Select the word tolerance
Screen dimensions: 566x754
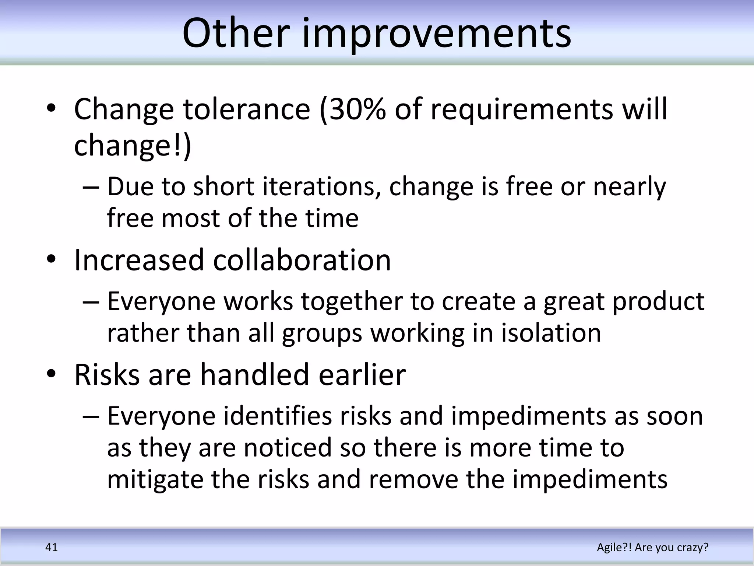[247, 109]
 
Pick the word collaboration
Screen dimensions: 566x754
[302, 260]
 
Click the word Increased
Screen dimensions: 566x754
[139, 260]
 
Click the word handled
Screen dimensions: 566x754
[254, 375]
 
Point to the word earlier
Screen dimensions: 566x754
[362, 375]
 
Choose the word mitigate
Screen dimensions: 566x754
[155, 480]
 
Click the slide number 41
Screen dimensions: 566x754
[51, 547]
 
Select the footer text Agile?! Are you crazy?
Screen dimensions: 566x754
[652, 547]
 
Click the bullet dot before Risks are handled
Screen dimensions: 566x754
[51, 374]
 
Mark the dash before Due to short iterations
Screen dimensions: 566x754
[91, 187]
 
